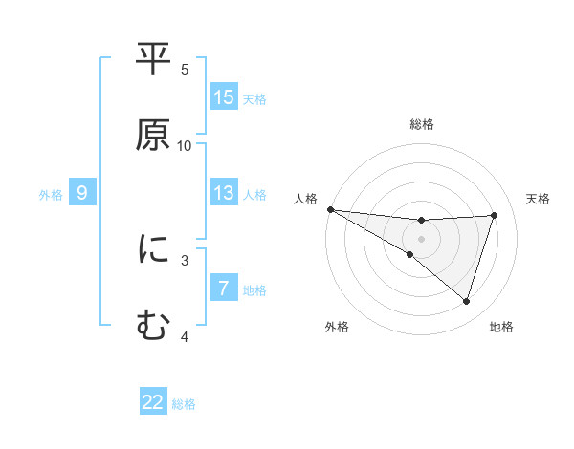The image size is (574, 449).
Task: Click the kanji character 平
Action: (x=153, y=60)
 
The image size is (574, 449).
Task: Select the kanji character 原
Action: (x=153, y=134)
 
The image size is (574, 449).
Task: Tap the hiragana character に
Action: (x=153, y=250)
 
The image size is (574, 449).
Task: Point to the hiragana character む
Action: (x=153, y=325)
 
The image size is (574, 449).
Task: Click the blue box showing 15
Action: (x=224, y=97)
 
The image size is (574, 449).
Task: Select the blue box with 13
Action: (x=224, y=193)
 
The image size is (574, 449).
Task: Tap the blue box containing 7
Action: (x=224, y=289)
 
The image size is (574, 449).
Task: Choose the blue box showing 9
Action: (x=82, y=193)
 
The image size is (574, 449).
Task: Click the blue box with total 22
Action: (x=153, y=402)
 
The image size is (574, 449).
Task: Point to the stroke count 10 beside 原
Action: (x=185, y=146)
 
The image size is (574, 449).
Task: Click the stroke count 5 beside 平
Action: (x=185, y=70)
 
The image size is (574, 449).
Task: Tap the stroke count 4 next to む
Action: (x=185, y=336)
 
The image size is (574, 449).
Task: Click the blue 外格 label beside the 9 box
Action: (x=51, y=194)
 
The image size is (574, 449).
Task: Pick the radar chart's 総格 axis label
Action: (x=422, y=124)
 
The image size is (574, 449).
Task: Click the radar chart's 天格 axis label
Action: (x=539, y=199)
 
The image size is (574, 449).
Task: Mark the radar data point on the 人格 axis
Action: (x=330, y=209)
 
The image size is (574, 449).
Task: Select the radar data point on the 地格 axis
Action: (x=467, y=302)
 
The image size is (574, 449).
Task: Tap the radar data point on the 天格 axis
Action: (x=495, y=215)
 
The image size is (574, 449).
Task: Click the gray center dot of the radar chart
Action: (x=422, y=238)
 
